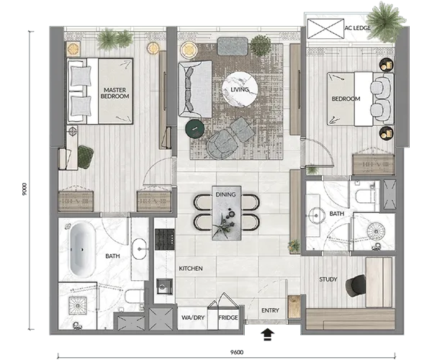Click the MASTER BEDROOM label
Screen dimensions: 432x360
pos(115,93)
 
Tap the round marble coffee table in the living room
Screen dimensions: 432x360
pos(240,89)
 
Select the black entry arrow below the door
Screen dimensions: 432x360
pos(267,334)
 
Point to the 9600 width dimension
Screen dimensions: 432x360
pos(237,352)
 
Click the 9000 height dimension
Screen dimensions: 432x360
pos(24,189)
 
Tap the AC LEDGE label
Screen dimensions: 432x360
pos(358,28)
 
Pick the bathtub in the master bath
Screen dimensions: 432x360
pos(82,250)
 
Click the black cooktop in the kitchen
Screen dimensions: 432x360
pos(164,240)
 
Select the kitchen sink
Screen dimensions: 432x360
pos(164,287)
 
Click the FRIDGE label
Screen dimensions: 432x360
pos(228,318)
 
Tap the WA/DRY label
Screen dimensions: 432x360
pos(193,318)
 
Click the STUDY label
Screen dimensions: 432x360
pos(328,279)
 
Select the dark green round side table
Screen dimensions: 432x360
pos(195,129)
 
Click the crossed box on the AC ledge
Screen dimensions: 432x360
pos(325,28)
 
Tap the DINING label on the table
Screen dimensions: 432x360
pos(225,194)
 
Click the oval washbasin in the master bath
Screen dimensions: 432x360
pos(139,248)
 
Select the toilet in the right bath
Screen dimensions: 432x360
pos(365,196)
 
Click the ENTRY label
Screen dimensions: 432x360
pos(270,310)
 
